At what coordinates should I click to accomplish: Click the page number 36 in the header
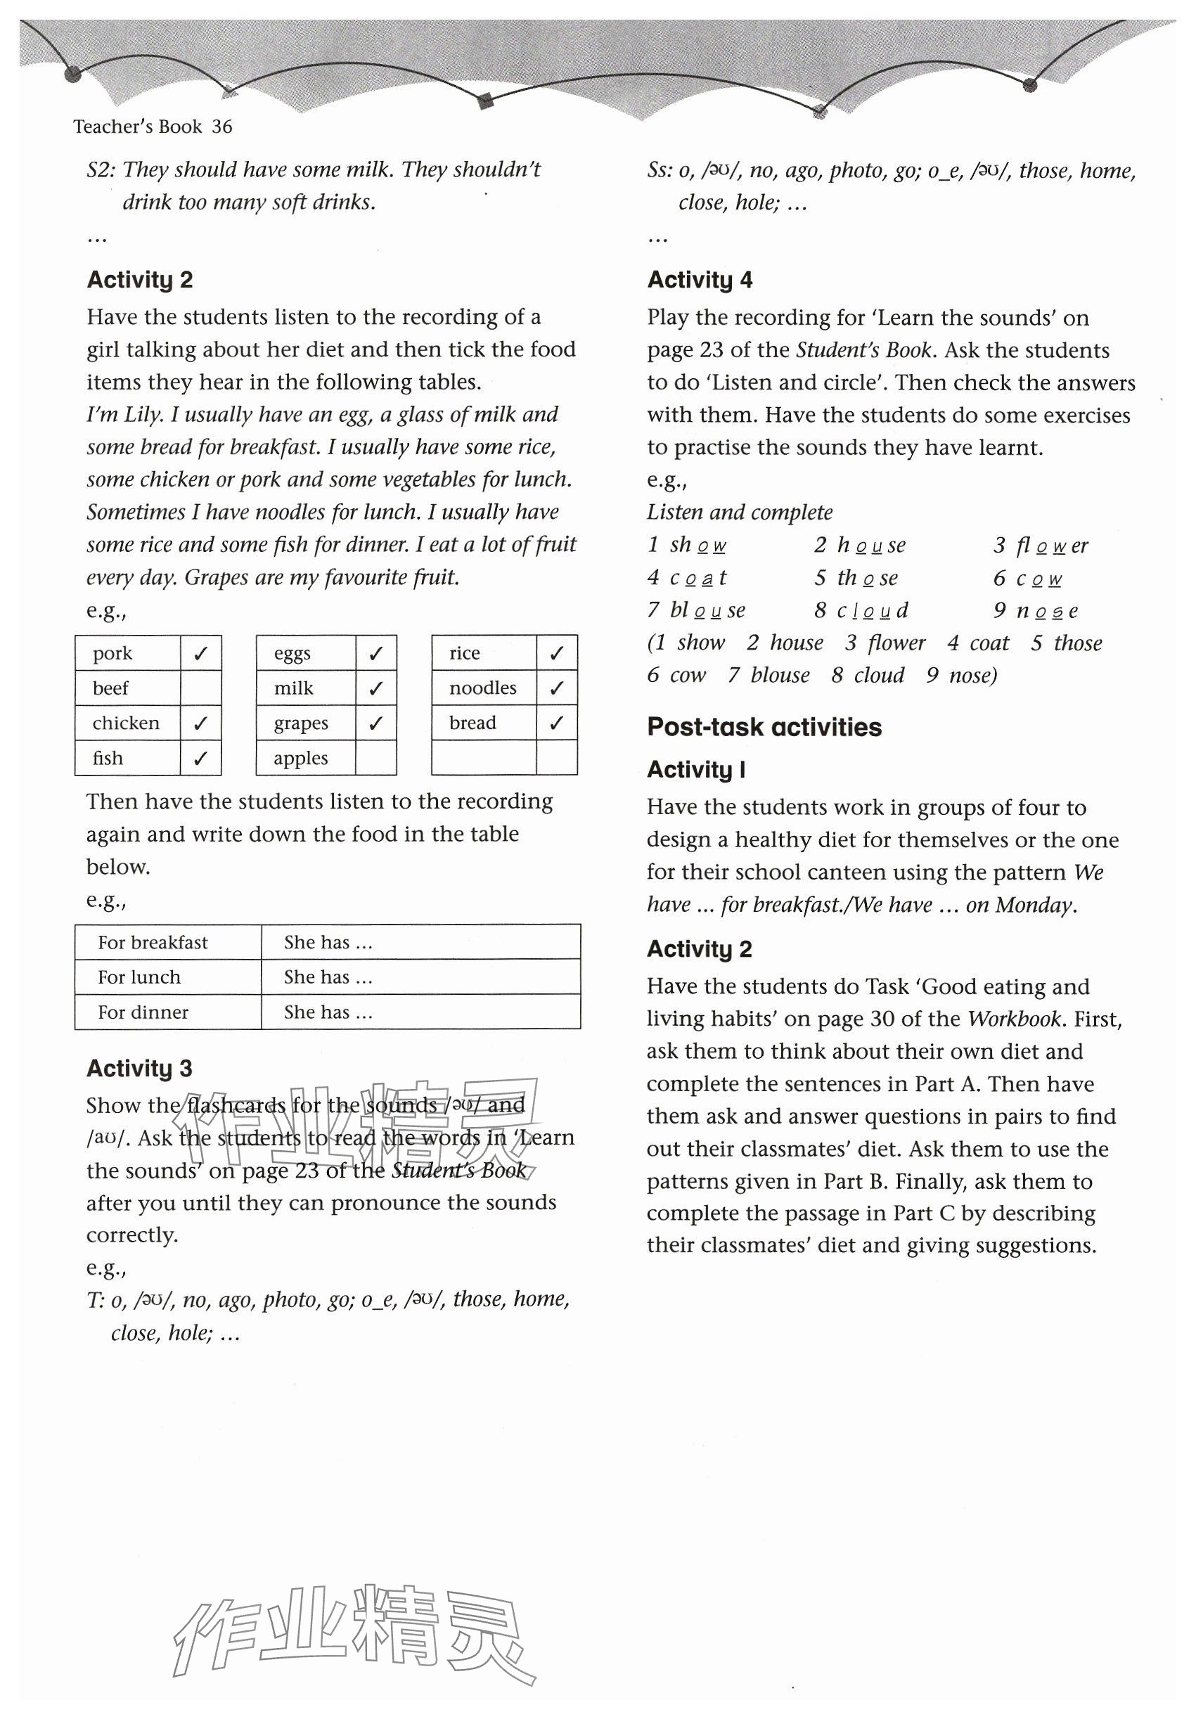click(221, 127)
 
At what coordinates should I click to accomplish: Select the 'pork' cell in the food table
click(112, 653)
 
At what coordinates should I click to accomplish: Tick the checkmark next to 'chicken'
click(200, 723)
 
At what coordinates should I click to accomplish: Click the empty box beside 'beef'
click(200, 688)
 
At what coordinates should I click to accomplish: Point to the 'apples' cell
click(300, 759)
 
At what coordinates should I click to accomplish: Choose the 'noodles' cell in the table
click(482, 688)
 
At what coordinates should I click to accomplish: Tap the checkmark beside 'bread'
click(556, 723)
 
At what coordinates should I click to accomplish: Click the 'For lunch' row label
click(139, 977)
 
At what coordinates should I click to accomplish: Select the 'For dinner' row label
click(142, 1012)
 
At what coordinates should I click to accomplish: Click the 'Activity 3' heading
click(139, 1069)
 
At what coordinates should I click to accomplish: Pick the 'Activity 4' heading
click(700, 280)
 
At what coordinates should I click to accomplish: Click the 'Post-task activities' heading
click(764, 727)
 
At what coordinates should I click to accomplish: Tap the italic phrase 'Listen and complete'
click(739, 512)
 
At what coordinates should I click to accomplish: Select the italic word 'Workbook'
click(1014, 1019)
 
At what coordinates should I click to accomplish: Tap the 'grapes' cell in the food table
click(300, 723)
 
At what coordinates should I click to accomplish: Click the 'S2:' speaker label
click(101, 170)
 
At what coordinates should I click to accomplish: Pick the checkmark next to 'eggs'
click(375, 654)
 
